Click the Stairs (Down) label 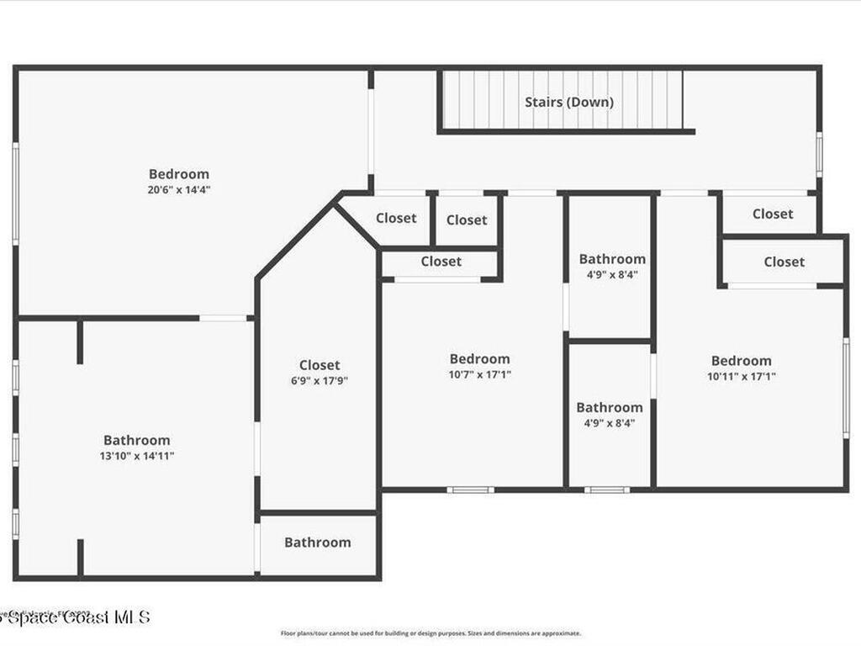click(x=569, y=102)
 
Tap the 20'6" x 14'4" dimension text click(x=179, y=190)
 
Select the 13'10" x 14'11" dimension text click(x=136, y=456)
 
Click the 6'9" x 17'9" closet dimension click(x=320, y=380)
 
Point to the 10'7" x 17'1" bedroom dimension click(x=479, y=374)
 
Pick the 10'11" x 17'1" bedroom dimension click(x=741, y=377)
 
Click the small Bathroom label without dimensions click(x=317, y=543)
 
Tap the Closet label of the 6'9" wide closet click(x=320, y=365)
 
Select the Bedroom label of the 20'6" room click(x=179, y=174)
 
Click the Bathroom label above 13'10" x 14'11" click(x=136, y=440)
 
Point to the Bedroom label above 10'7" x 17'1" click(x=479, y=359)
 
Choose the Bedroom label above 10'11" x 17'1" click(x=741, y=361)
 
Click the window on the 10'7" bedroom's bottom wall click(x=470, y=490)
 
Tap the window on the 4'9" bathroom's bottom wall click(x=607, y=490)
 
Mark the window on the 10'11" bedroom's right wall click(x=846, y=387)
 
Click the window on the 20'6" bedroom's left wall click(x=15, y=193)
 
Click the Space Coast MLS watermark click(x=76, y=617)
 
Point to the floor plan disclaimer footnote click(x=430, y=633)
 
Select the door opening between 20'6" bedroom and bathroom click(x=223, y=318)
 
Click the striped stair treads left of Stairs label click(x=479, y=100)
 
